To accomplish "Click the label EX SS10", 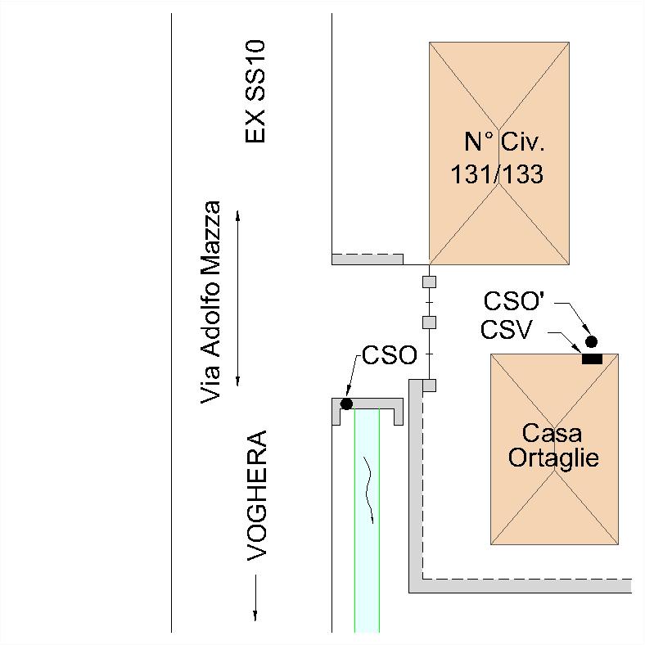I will tap(256, 92).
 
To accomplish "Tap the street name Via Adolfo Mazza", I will tap(211, 302).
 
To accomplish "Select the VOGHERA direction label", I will tap(257, 495).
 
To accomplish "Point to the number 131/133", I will tap(497, 174).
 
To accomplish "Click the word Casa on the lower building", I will tap(553, 432).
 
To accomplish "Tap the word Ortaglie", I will tap(553, 457).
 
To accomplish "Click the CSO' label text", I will tap(513, 301).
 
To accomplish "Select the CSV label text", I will tap(507, 330).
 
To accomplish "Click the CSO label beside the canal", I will tap(390, 355).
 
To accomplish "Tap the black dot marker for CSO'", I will tap(590, 341).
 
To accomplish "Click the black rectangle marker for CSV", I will tap(591, 359).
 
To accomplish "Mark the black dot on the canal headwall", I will tap(346, 404).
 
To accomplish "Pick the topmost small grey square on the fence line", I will tap(428, 282).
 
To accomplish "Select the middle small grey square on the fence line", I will tap(428, 322).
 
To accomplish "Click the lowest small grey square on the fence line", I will tap(429, 385).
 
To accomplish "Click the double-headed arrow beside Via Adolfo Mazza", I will tap(237, 298).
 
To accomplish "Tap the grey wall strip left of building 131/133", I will tap(367, 259).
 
